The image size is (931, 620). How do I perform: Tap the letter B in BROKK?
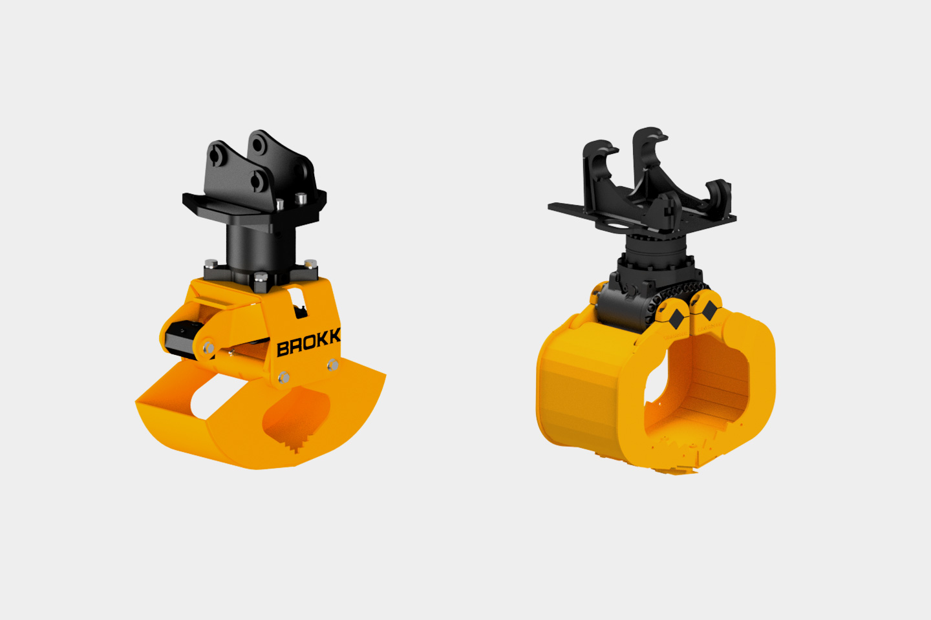283,349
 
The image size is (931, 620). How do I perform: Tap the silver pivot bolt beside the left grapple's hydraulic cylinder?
208,348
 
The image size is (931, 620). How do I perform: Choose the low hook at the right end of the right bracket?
719,194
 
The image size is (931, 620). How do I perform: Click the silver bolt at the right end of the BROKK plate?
332,366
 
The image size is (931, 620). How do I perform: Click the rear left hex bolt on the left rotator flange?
211,264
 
